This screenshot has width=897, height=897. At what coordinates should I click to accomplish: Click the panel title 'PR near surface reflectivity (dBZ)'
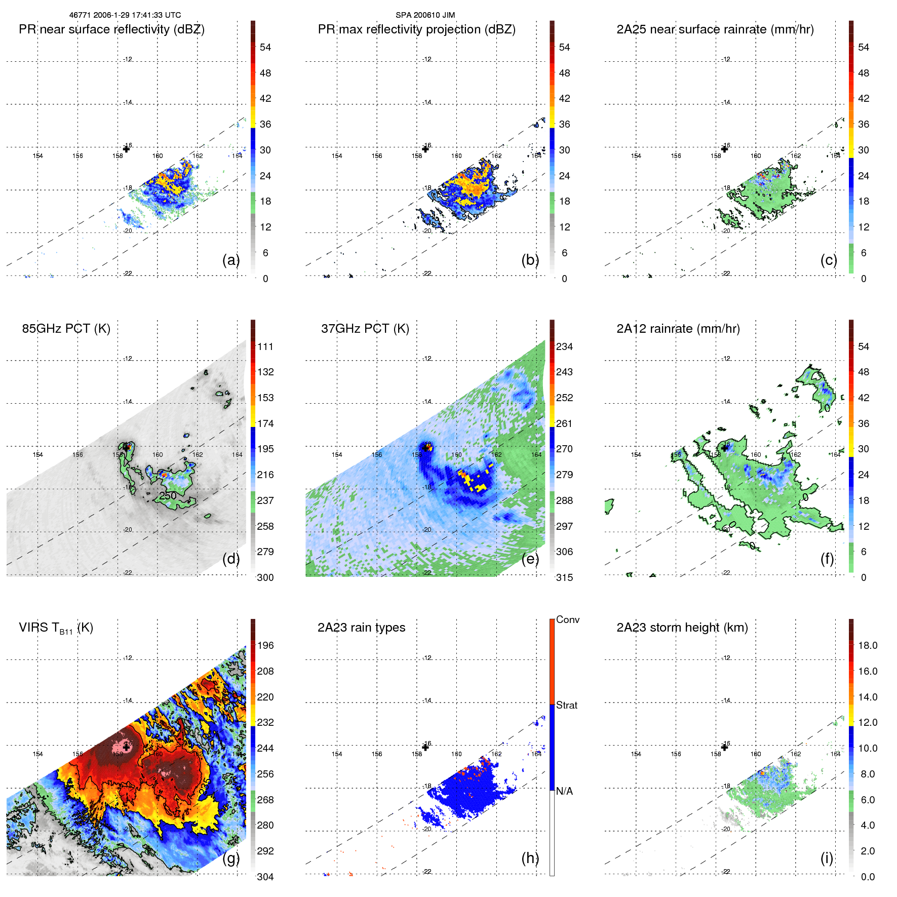[x=111, y=29]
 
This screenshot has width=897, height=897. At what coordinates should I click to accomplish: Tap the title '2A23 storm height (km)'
[x=682, y=628]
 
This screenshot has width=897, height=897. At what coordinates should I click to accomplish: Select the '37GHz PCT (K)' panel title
[x=365, y=329]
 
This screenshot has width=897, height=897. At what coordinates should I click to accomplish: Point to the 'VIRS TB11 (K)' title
[x=56, y=628]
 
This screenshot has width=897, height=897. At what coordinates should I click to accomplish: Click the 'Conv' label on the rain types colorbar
[x=567, y=619]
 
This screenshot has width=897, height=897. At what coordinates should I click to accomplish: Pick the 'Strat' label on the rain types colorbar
[x=566, y=705]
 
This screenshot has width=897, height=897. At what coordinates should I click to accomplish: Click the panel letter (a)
[x=230, y=260]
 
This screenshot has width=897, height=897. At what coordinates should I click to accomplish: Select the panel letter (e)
[x=530, y=559]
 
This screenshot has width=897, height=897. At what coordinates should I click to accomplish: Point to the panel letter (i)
[x=827, y=858]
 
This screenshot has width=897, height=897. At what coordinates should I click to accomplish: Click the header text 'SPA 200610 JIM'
[x=425, y=15]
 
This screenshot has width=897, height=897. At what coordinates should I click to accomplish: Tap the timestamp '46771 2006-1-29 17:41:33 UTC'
[x=125, y=15]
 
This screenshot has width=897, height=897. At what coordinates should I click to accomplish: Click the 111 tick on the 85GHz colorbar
[x=265, y=346]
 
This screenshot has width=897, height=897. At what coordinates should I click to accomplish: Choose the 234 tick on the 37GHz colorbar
[x=564, y=346]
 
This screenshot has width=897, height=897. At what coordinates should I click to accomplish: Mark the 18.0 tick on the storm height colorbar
[x=867, y=645]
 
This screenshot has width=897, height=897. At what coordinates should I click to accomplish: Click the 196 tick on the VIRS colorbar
[x=265, y=645]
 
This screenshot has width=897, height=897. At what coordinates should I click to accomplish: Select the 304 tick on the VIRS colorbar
[x=265, y=877]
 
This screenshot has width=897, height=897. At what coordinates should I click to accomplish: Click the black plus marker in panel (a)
[x=126, y=149]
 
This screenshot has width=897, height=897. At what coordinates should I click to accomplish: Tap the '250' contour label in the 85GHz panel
[x=168, y=495]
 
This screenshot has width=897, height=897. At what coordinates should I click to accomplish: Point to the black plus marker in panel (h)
[x=425, y=747]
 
